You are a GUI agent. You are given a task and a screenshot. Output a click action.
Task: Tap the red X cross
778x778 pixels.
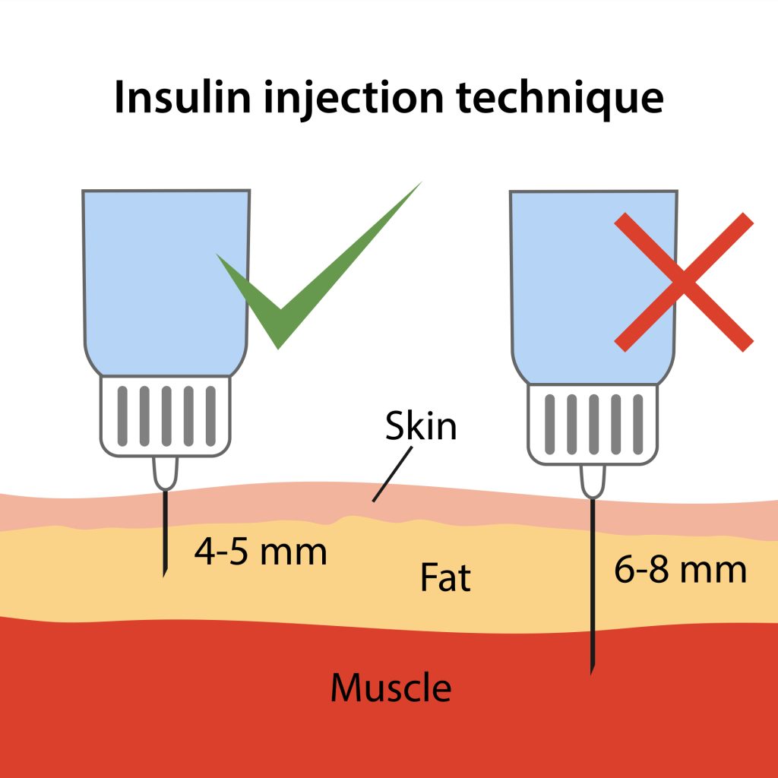tap(683, 282)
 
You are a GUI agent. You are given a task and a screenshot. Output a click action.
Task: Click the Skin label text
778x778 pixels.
tap(420, 426)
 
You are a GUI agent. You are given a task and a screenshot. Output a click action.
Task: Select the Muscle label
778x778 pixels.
tap(391, 688)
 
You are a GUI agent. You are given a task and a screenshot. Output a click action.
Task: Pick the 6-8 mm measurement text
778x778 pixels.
tap(680, 570)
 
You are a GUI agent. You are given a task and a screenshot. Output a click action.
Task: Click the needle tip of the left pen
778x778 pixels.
tap(164, 573)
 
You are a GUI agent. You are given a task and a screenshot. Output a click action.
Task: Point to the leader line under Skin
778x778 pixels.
tap(392, 474)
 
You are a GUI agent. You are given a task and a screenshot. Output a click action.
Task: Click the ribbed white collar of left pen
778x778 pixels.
tap(166, 416)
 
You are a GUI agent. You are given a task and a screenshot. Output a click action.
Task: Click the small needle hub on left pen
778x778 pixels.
tap(165, 473)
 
